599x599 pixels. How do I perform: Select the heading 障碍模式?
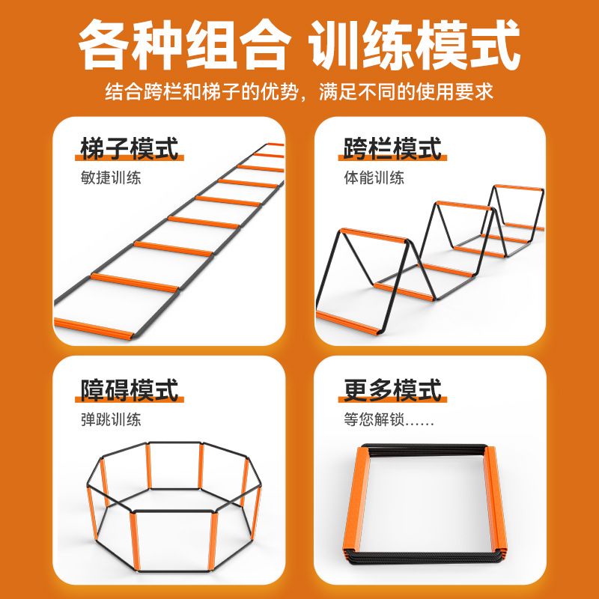[x=130, y=390]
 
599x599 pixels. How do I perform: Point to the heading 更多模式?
[x=392, y=390]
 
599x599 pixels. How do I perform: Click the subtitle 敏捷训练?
[x=111, y=179]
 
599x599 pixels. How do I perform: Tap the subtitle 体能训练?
[x=374, y=179]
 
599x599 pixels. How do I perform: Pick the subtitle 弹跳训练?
[x=111, y=420]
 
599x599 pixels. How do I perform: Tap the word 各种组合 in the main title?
[x=183, y=46]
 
